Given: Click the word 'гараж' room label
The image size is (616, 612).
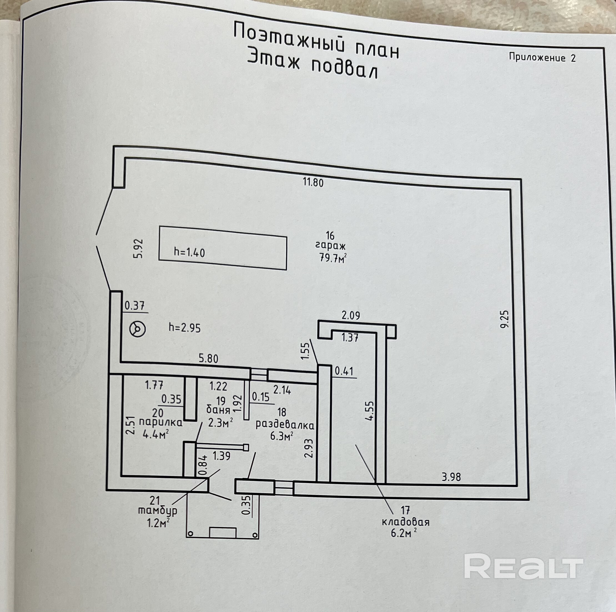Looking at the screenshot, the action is tap(331, 246).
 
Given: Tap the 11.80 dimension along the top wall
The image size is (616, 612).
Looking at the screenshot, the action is tap(313, 183).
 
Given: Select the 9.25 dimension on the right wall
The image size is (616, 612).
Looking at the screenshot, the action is tap(505, 320).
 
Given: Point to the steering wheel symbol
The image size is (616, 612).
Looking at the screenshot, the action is tap(138, 329).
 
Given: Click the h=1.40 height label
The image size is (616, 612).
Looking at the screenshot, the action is tap(189, 253).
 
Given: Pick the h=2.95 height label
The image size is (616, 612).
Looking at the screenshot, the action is tap(185, 328).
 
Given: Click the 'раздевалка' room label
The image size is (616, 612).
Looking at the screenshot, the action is tap(285, 425).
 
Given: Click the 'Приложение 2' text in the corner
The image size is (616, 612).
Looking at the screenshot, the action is tap(542, 57).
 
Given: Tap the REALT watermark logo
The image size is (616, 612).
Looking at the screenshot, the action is tap(524, 566).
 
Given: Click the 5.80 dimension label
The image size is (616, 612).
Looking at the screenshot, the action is tap(208, 359).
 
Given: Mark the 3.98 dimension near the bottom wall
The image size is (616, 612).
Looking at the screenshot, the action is tap(451, 486).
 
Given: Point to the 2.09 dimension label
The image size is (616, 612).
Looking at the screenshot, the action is tap(351, 316).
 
